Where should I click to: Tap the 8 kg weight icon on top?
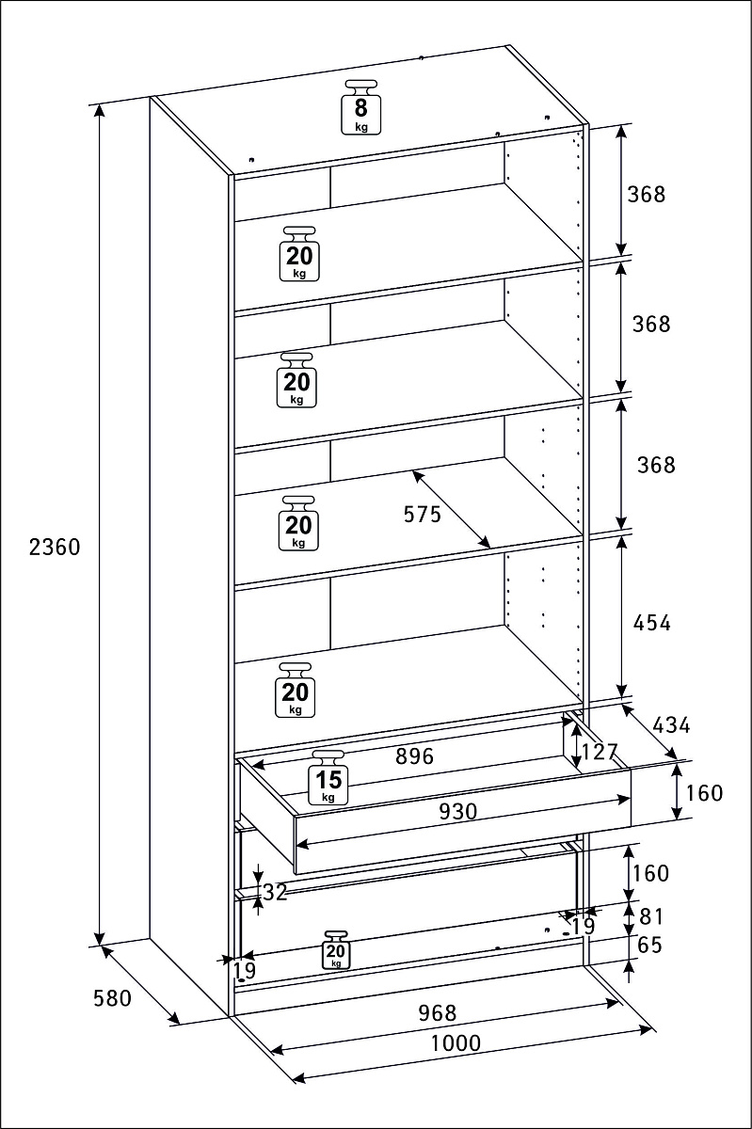pyautogui.click(x=360, y=107)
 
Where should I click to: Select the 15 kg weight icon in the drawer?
pyautogui.click(x=328, y=777)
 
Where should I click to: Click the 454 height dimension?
pyautogui.click(x=651, y=622)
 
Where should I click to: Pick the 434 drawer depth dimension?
pyautogui.click(x=671, y=725)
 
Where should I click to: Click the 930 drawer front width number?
pyautogui.click(x=457, y=810)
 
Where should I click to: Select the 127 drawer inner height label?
pyautogui.click(x=599, y=752)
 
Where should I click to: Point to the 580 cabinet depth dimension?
pyautogui.click(x=112, y=998)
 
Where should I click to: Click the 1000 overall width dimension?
pyautogui.click(x=456, y=1042)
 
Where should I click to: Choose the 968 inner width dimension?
pyautogui.click(x=437, y=1012)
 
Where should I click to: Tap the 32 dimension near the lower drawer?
pyautogui.click(x=275, y=893)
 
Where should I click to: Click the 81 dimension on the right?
pyautogui.click(x=650, y=915)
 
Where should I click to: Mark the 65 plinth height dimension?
pyautogui.click(x=649, y=946)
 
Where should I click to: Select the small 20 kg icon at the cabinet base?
pyautogui.click(x=336, y=951)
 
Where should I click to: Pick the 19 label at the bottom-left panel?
pyautogui.click(x=244, y=971)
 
